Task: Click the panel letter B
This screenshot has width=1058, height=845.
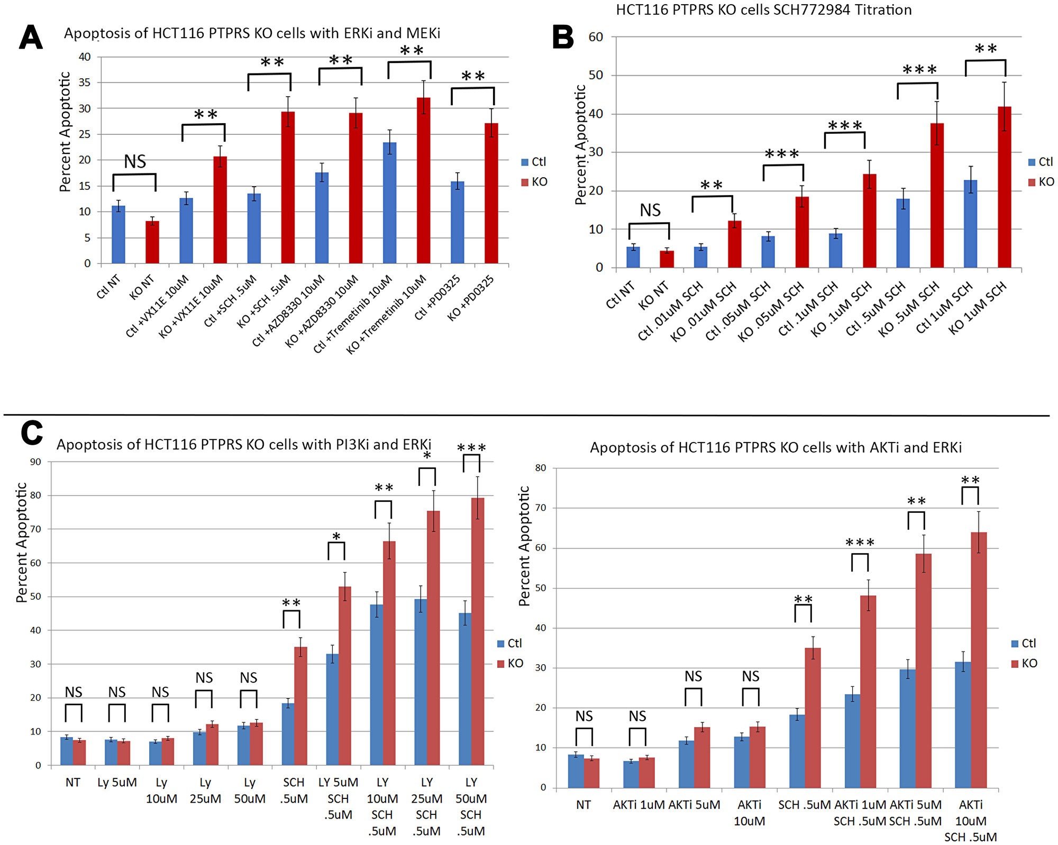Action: coord(563,38)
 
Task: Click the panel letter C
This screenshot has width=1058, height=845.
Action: coord(31,433)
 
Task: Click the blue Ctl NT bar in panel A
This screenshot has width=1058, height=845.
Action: coord(118,235)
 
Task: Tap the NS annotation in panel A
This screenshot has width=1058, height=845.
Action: coord(135,162)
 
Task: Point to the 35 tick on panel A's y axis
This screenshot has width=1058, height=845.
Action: coord(85,82)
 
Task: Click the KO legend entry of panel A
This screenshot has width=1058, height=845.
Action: coord(534,182)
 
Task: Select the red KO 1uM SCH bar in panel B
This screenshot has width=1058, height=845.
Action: coord(1004,187)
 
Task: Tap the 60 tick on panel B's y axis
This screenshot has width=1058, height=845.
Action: coord(596,37)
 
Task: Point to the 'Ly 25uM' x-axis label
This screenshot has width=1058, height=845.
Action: coord(205,791)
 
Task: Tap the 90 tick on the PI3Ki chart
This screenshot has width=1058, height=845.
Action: coord(35,462)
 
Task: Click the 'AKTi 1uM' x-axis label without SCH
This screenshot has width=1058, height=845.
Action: coord(639,805)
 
